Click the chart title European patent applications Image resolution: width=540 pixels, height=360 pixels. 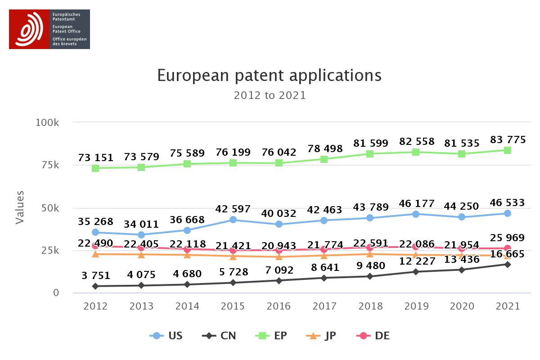[x=269, y=75]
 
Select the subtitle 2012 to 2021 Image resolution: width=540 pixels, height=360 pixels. [x=269, y=95]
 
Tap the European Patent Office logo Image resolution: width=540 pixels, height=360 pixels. [x=49, y=29]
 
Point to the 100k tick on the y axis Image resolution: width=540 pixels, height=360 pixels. [x=48, y=123]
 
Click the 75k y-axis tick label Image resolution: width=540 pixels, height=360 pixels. [x=50, y=165]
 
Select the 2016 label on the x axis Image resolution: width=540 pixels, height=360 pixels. [x=279, y=306]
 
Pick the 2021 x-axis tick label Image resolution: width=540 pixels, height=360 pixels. [x=507, y=306]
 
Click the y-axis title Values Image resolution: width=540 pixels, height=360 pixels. [x=20, y=207]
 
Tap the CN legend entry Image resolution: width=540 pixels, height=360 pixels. [x=220, y=336]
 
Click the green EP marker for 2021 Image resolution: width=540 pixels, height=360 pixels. [x=507, y=150]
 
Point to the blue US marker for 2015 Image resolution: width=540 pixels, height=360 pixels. [x=233, y=220]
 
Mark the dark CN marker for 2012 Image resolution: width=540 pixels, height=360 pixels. [x=95, y=286]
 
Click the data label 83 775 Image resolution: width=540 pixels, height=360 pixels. [x=507, y=140]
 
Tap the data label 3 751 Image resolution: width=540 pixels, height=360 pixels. [x=96, y=276]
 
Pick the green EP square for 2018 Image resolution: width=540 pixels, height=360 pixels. [x=370, y=154]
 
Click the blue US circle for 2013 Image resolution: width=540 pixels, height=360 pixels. [x=141, y=234]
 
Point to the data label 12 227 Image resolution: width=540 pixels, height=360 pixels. [x=416, y=261]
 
